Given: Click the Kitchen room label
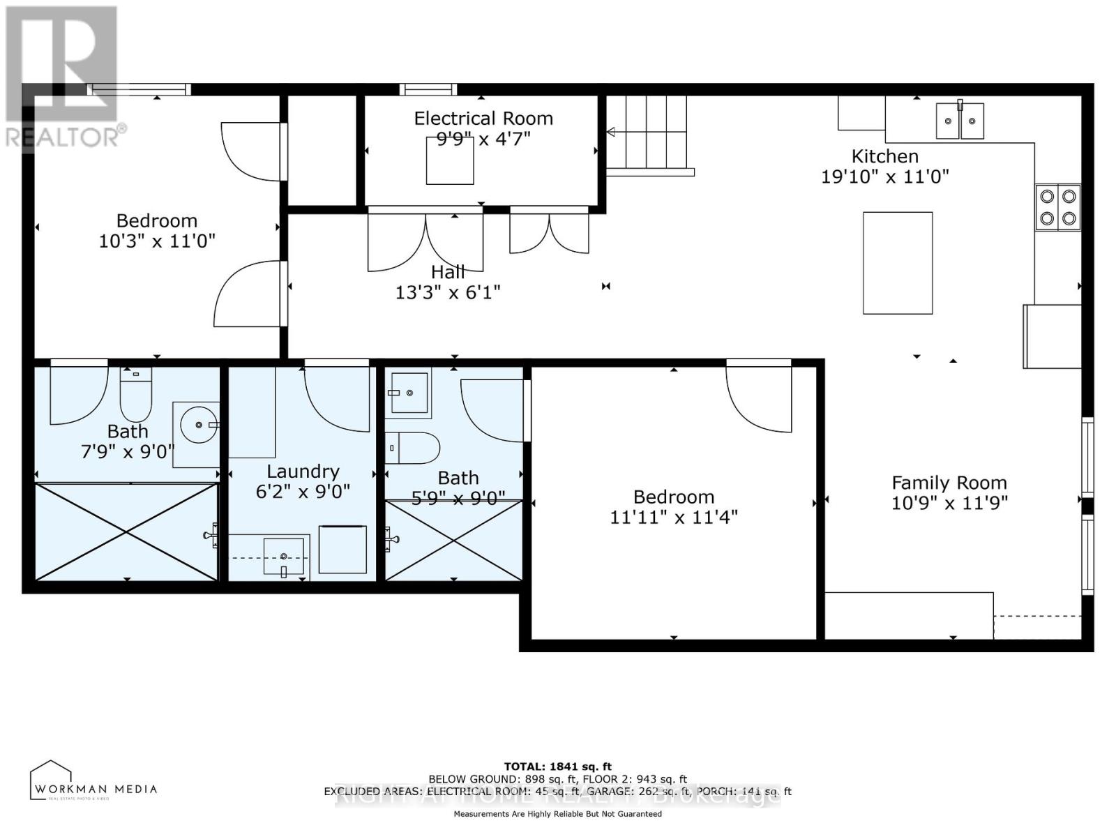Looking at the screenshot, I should click(884, 156).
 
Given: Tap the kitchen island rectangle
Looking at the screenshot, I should click(898, 263).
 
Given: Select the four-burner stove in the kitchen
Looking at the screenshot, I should click(1057, 207).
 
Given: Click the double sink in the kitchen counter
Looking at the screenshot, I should click(960, 121).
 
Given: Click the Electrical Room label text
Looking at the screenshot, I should click(483, 119).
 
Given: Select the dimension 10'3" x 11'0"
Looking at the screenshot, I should click(157, 241).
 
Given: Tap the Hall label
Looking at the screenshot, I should click(447, 272).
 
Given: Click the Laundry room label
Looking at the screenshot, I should click(303, 472).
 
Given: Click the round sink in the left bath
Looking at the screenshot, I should click(199, 423).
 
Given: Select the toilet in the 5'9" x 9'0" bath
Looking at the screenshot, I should click(414, 448).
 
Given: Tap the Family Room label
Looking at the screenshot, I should click(949, 483).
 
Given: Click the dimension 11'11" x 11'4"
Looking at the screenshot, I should click(674, 518).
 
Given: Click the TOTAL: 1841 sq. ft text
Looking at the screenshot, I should click(557, 767).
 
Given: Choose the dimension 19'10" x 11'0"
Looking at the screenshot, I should click(884, 176).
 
